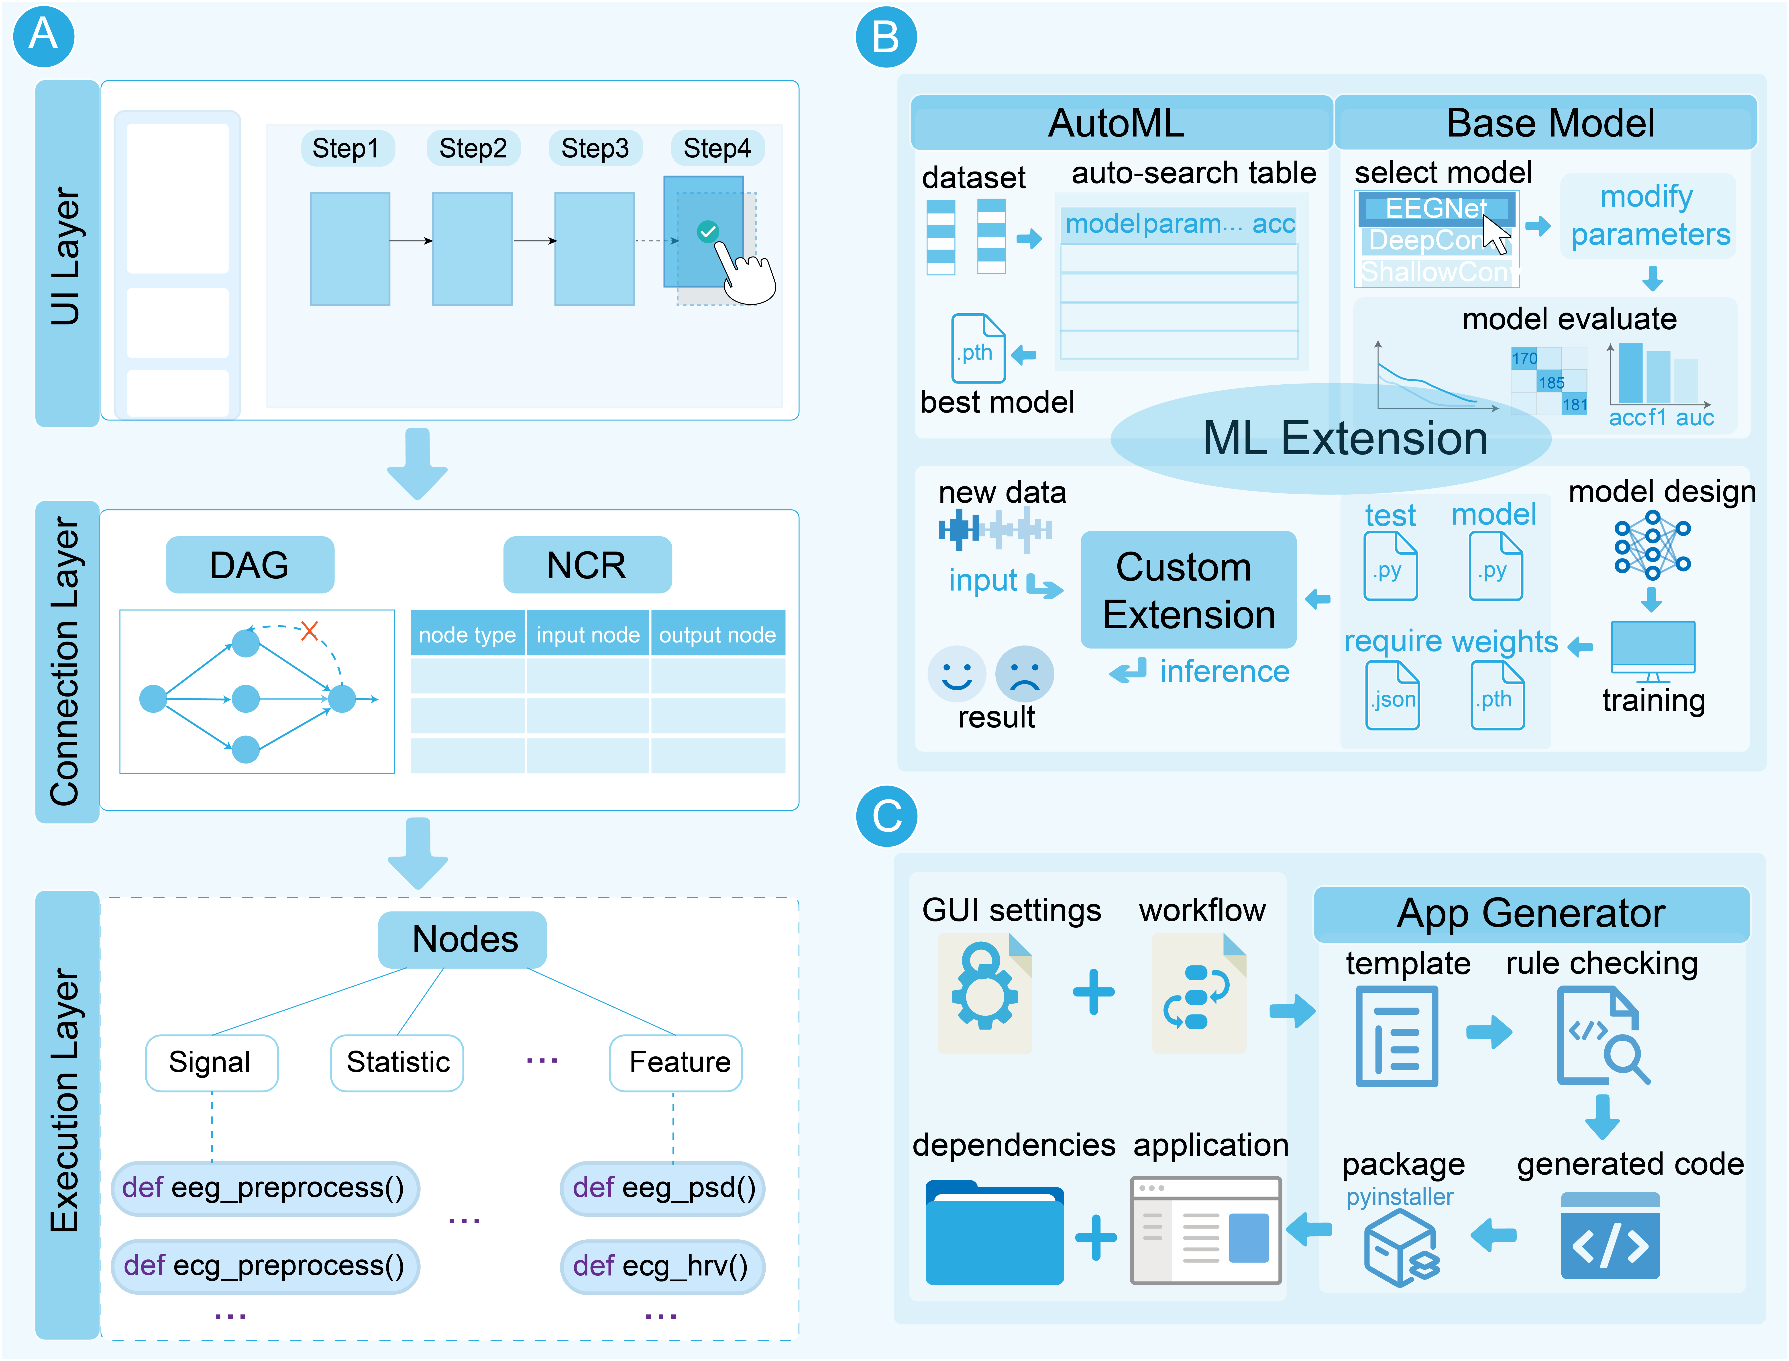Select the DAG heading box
pos(249,565)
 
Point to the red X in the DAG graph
pos(309,630)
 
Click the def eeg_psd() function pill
pos(662,1188)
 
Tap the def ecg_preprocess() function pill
pos(264,1265)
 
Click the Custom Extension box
pos(1188,590)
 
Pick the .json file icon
pos(1392,695)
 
